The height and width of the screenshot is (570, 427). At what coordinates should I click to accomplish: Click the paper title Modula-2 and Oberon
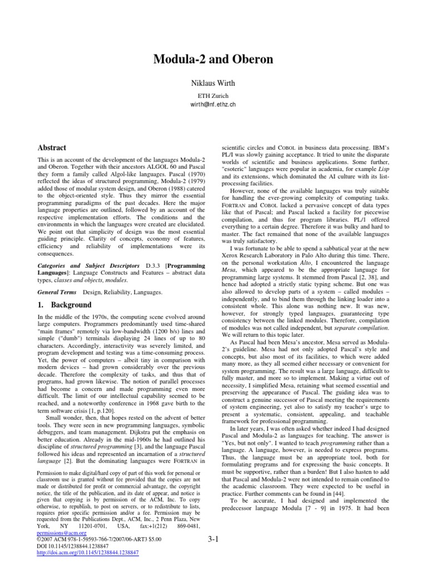213,60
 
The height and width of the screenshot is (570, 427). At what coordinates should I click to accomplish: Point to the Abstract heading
52,148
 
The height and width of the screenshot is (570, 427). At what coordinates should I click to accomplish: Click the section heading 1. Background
64,305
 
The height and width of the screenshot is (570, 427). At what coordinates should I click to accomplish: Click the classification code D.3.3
152,267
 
